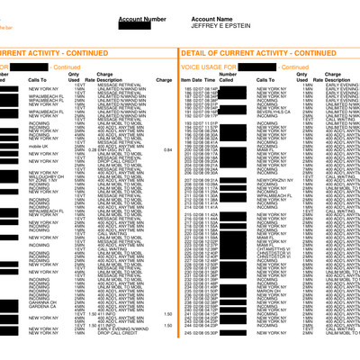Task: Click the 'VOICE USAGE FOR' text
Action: (204, 68)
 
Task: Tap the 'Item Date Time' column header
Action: (199, 80)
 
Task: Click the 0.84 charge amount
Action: (167, 149)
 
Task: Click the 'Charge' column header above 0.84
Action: (164, 80)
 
